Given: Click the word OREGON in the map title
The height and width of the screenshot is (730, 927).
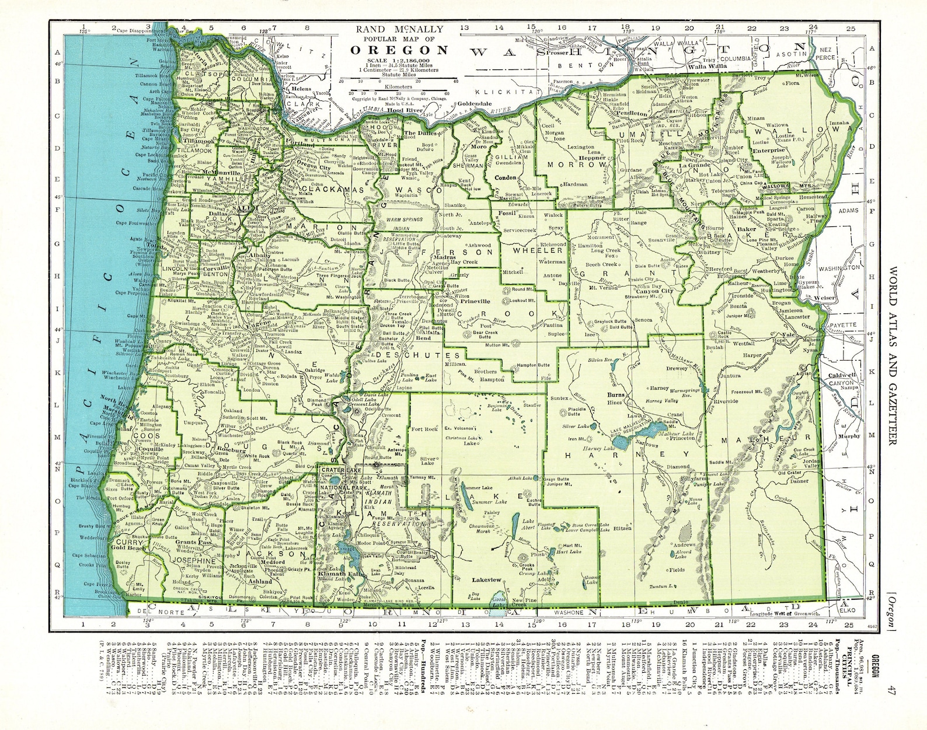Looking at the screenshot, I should [x=399, y=50].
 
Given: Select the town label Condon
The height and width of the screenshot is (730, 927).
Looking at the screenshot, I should [x=506, y=177].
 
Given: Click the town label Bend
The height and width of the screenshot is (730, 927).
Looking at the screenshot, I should [x=423, y=338].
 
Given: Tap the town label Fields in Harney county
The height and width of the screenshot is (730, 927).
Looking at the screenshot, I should [x=677, y=570].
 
